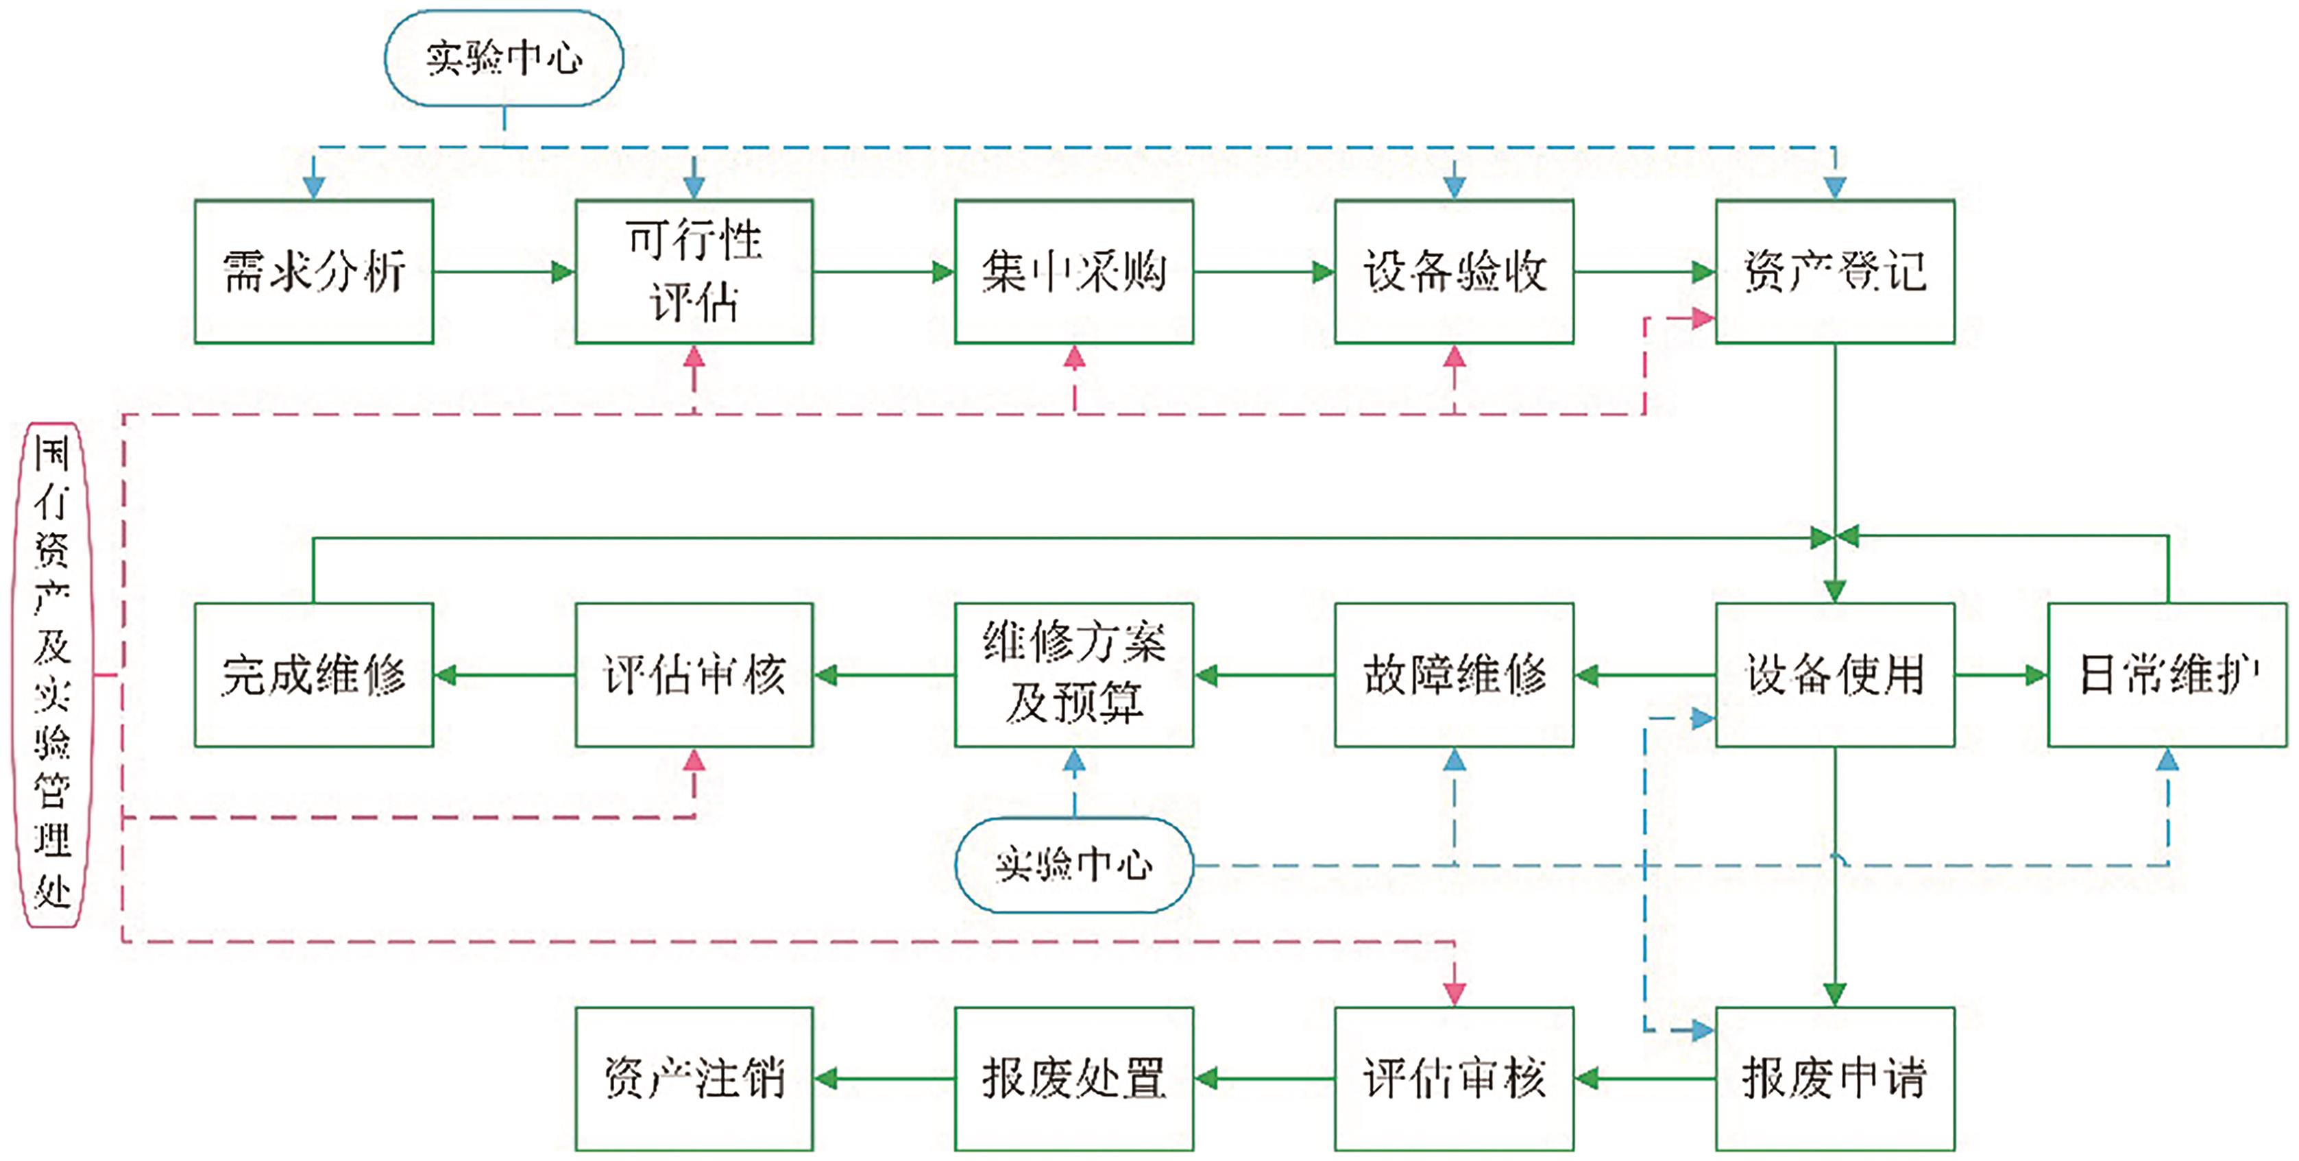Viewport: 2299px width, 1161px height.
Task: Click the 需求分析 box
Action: click(x=314, y=271)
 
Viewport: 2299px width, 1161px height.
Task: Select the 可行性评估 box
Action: click(x=694, y=271)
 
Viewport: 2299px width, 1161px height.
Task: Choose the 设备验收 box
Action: click(x=1454, y=271)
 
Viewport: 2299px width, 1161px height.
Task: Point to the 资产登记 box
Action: click(x=1835, y=271)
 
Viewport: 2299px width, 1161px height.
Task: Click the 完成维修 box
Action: click(x=314, y=674)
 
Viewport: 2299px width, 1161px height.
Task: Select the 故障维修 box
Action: click(x=1454, y=674)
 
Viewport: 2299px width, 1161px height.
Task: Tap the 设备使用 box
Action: click(x=1835, y=674)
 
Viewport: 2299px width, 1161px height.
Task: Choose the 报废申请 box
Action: click(x=1835, y=1078)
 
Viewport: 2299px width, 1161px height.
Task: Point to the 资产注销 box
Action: click(x=694, y=1078)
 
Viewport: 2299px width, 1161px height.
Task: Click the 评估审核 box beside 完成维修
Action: click(x=694, y=674)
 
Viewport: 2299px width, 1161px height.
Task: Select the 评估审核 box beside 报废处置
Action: click(x=1454, y=1078)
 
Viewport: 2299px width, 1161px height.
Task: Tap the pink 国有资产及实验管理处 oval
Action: click(x=52, y=674)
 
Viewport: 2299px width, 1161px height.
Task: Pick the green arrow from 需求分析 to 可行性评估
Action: click(x=504, y=271)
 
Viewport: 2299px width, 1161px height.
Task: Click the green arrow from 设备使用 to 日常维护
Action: click(x=2001, y=674)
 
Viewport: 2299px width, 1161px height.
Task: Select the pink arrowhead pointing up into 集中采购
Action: click(x=1075, y=358)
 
